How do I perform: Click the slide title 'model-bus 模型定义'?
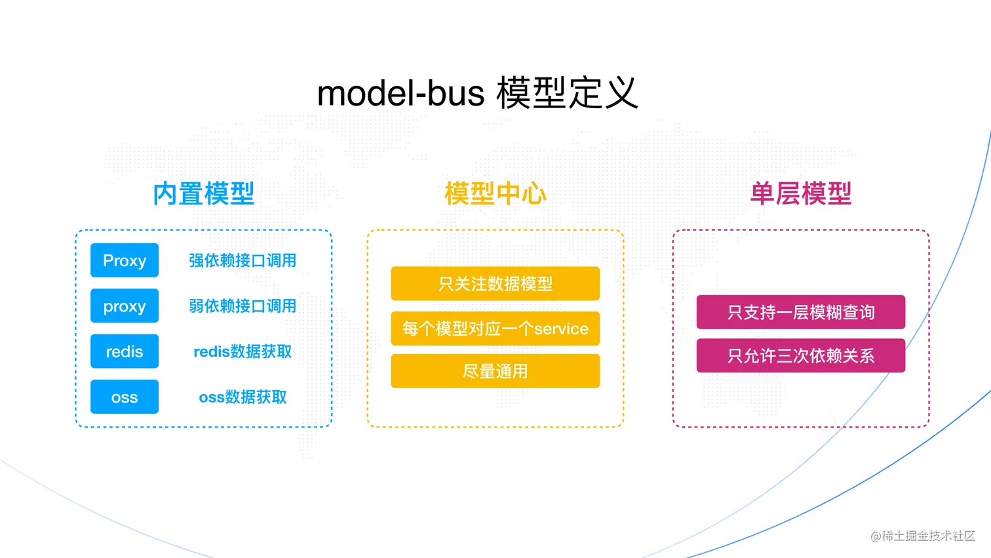click(477, 93)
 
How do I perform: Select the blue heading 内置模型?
click(203, 193)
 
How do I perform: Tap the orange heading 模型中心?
click(495, 193)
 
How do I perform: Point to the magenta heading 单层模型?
click(800, 193)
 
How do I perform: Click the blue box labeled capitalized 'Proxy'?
click(125, 260)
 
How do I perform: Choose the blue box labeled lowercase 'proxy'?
click(125, 306)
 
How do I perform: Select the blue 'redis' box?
click(125, 351)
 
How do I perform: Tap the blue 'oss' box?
click(125, 397)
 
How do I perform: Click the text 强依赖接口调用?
click(243, 260)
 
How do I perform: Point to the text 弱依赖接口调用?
click(243, 306)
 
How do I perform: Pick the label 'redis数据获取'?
click(243, 351)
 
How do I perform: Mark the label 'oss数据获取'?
click(243, 397)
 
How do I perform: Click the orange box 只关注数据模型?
click(495, 283)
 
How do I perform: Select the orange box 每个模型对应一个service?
click(495, 328)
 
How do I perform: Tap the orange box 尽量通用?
click(495, 371)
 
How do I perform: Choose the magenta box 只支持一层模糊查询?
click(800, 312)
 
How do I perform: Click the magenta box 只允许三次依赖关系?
click(800, 355)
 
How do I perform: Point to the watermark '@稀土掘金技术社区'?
click(922, 536)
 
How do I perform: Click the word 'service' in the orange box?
click(561, 329)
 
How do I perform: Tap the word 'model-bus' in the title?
click(400, 93)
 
